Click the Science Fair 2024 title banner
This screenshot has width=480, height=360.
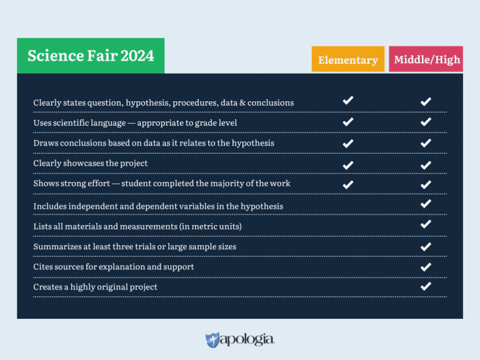[x=91, y=56]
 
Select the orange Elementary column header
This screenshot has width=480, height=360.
[x=347, y=60]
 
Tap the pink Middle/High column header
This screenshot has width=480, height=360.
[x=426, y=59]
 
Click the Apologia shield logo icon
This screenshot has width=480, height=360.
[x=212, y=340]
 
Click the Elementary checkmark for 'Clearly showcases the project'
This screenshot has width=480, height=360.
[x=348, y=164]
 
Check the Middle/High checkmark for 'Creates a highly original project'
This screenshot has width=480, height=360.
[x=426, y=286]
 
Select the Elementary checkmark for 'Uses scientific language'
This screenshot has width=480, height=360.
[x=348, y=122]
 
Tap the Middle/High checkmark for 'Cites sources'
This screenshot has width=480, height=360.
[x=426, y=267]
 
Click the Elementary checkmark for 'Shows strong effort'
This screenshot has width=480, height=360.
[x=348, y=184]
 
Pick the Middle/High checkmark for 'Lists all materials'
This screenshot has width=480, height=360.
[x=426, y=224]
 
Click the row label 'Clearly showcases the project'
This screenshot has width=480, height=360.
[x=91, y=163]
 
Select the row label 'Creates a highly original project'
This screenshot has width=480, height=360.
[x=95, y=287]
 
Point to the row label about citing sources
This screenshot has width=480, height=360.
[x=114, y=267]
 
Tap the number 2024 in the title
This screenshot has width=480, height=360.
[x=137, y=56]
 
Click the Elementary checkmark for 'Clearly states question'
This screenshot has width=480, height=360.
[x=348, y=100]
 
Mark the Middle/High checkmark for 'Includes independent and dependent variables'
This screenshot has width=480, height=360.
[x=426, y=204]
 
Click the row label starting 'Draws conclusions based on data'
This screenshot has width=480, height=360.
[x=154, y=143]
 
